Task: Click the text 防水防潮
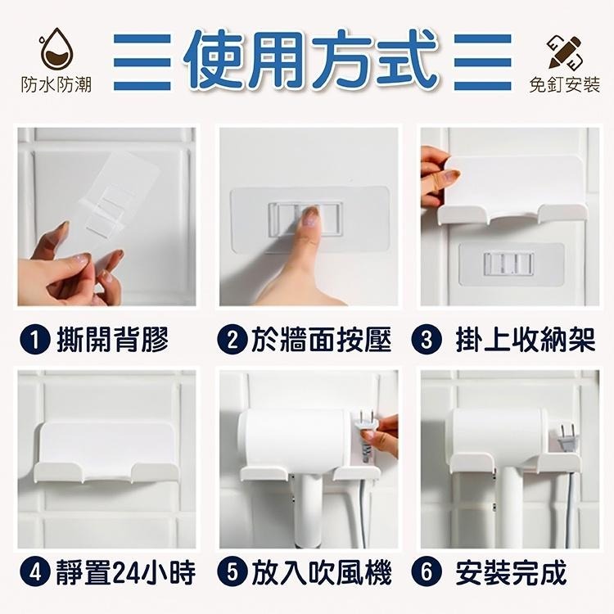pyautogui.click(x=56, y=84)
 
